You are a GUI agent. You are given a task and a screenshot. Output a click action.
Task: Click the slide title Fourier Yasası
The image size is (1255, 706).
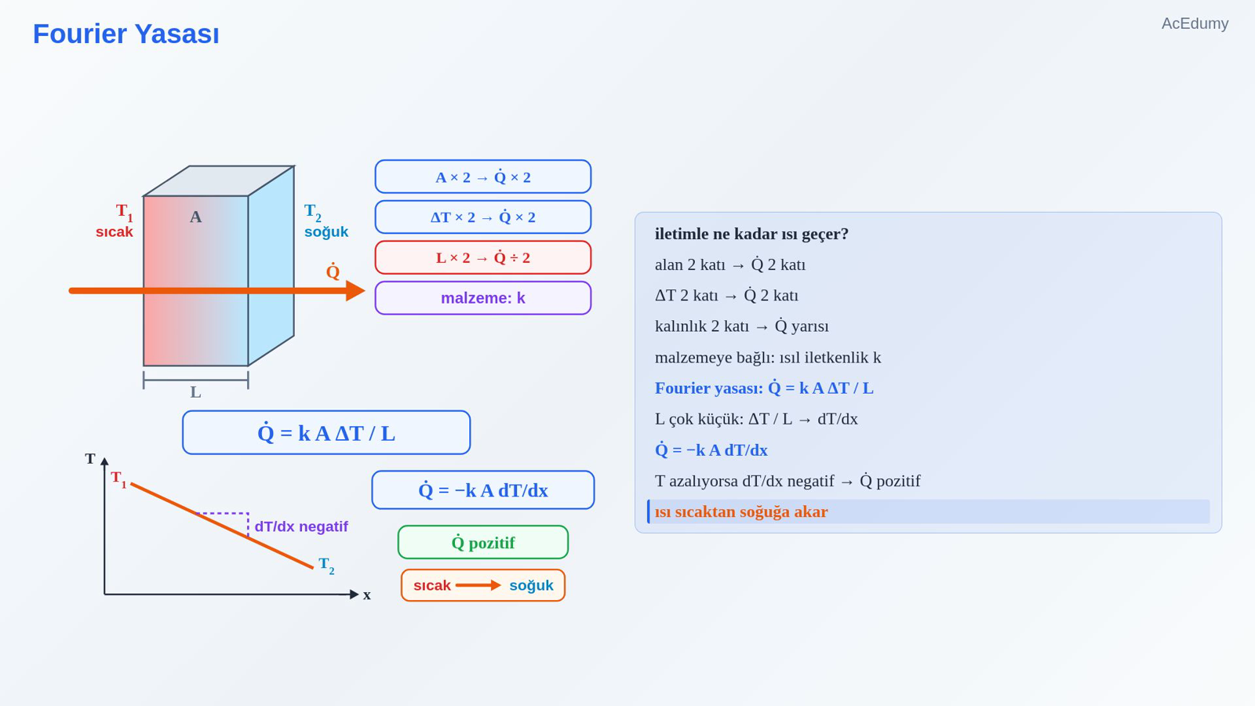click(x=126, y=34)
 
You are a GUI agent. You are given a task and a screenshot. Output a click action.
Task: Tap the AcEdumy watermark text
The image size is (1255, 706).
click(x=1195, y=24)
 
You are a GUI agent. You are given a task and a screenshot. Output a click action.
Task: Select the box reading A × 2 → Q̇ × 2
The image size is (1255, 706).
click(x=483, y=176)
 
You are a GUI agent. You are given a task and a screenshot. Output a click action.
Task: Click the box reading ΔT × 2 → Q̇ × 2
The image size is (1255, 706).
click(x=483, y=217)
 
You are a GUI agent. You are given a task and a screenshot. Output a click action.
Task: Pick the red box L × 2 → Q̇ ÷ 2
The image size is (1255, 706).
click(x=483, y=258)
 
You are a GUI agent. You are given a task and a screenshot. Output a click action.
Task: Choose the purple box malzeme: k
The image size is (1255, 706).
click(x=483, y=298)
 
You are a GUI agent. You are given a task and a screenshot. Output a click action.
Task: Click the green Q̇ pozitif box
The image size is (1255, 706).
click(x=483, y=542)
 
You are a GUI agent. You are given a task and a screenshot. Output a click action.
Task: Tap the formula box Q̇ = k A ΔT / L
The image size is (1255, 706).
click(x=326, y=432)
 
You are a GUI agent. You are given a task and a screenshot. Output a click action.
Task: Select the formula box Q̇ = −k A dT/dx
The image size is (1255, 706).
click(x=483, y=490)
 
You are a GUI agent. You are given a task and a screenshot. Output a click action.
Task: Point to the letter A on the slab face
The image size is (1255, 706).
click(x=195, y=217)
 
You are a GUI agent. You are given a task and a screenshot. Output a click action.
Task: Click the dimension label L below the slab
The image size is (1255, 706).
click(x=195, y=392)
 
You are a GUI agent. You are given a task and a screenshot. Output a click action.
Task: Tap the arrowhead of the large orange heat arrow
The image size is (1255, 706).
click(x=356, y=291)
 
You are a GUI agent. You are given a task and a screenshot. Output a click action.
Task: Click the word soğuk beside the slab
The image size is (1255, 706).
click(x=326, y=232)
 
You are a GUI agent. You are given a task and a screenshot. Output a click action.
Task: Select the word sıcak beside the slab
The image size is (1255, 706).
click(x=115, y=232)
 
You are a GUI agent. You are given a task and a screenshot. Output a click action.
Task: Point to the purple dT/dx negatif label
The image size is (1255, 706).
click(x=301, y=526)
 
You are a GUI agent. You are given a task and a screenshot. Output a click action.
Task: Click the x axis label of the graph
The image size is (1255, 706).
click(x=367, y=595)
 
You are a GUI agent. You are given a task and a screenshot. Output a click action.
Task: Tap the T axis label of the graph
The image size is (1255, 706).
click(x=90, y=459)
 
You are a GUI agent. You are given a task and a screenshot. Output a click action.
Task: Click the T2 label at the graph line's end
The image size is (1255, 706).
click(x=326, y=566)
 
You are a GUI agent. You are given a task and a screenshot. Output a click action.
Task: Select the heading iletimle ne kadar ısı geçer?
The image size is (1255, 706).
click(x=751, y=234)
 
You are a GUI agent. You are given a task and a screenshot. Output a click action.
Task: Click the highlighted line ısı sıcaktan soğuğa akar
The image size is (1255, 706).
click(x=741, y=511)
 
